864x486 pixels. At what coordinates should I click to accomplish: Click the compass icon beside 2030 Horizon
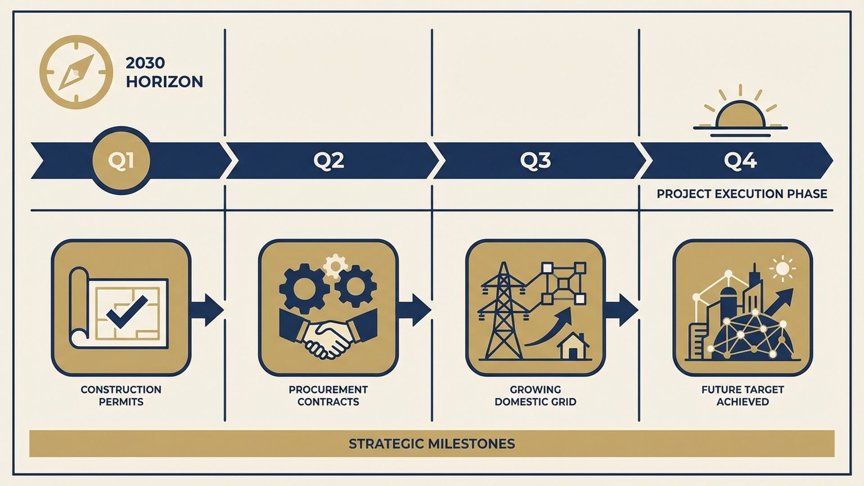76,72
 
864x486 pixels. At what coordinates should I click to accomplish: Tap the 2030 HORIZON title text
164,72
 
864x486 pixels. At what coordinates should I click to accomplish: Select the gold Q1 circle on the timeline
121,161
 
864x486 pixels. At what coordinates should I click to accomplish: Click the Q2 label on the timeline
328,161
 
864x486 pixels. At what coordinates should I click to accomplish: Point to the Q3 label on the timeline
535,161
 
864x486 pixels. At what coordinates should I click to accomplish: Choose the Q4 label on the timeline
740,161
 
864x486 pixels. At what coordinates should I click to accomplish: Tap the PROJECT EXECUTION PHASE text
742,194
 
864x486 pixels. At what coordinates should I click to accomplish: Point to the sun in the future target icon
783,269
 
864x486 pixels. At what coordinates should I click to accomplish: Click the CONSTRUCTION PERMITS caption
121,396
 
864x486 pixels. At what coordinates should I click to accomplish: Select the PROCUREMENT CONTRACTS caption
328,396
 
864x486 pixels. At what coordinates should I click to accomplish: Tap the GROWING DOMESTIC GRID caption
535,396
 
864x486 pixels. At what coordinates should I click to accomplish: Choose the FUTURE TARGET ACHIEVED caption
742,396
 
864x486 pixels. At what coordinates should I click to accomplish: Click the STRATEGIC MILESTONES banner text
432,444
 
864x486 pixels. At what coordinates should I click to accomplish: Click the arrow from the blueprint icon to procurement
207,310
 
